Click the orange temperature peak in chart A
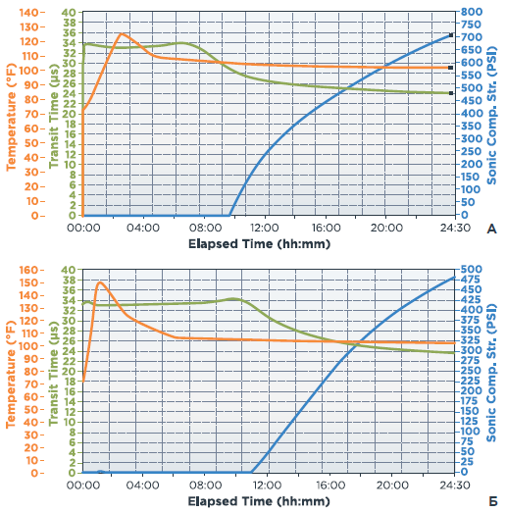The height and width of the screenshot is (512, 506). click(122, 33)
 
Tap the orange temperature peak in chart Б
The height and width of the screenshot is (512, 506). click(100, 282)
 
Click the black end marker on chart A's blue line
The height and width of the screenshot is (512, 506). click(451, 35)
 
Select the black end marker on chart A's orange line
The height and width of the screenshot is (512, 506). click(451, 68)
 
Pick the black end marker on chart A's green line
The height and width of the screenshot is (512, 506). click(451, 93)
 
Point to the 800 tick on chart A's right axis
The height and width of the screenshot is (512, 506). click(472, 12)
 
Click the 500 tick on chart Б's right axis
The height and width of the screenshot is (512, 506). click(472, 269)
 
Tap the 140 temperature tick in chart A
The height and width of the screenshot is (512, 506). click(28, 13)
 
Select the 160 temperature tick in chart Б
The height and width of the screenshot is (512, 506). click(28, 270)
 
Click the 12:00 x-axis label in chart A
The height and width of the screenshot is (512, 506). click(265, 228)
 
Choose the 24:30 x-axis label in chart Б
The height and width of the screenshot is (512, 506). click(455, 485)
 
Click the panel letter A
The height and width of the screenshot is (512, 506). click(491, 230)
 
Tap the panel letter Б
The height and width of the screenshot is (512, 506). click(493, 501)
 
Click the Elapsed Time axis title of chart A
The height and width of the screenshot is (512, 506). click(259, 244)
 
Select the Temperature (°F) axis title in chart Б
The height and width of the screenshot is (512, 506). click(11, 375)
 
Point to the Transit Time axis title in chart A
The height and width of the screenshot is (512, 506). click(54, 116)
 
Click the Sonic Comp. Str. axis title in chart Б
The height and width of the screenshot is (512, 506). click(491, 373)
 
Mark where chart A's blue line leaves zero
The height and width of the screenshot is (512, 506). click(229, 215)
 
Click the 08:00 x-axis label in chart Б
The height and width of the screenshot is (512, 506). click(205, 485)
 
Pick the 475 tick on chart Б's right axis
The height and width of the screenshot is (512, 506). click(472, 280)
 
